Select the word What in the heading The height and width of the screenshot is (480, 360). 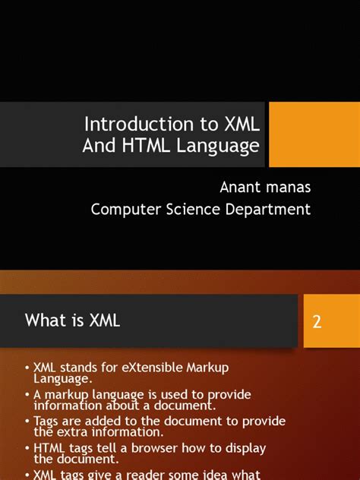43,321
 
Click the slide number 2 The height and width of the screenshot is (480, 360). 317,321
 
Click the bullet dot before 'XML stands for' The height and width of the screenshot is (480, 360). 27,368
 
